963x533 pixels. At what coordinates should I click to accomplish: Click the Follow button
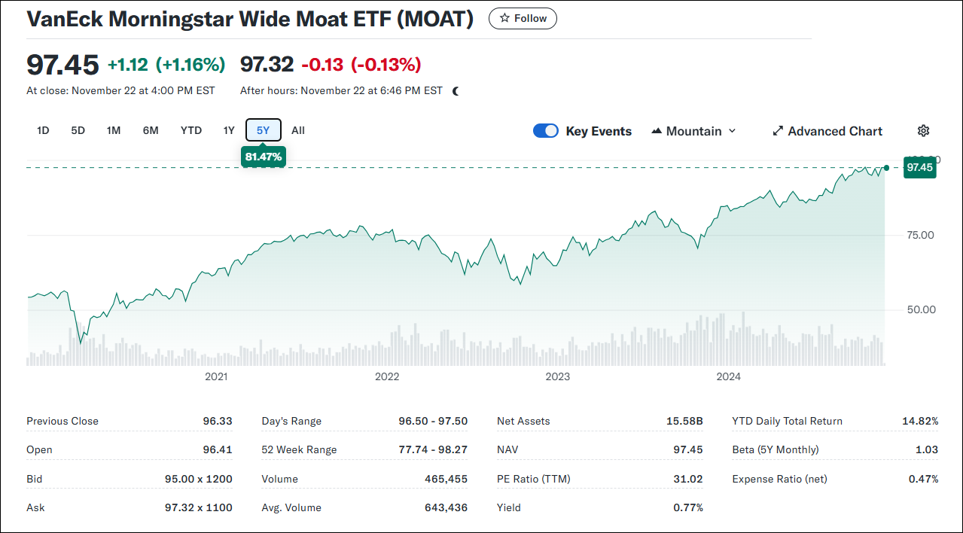[523, 19]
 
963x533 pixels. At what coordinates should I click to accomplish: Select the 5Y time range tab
[263, 130]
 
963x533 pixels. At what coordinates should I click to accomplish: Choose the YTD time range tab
[191, 130]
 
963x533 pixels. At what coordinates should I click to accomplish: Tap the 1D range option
[43, 130]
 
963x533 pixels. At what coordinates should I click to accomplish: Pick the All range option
[298, 130]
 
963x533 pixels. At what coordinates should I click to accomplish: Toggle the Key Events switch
[546, 131]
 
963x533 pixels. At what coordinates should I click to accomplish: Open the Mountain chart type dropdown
[693, 131]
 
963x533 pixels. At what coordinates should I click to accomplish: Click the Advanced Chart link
[827, 131]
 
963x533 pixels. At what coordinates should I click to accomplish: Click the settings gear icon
[923, 131]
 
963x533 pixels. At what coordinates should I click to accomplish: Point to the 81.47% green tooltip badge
[263, 157]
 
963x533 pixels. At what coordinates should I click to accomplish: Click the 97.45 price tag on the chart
[919, 167]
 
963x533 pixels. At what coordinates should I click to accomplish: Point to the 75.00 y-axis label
[919, 235]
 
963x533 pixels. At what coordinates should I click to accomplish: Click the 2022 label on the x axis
[387, 376]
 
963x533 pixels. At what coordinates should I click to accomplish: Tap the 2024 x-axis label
[729, 376]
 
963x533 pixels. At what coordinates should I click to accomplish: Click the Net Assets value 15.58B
[684, 421]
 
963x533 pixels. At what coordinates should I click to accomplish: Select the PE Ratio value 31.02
[687, 479]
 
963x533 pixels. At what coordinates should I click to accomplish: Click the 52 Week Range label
[299, 449]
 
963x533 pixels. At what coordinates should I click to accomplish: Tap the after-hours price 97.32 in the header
[267, 65]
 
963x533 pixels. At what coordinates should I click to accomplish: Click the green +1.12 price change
[127, 65]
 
